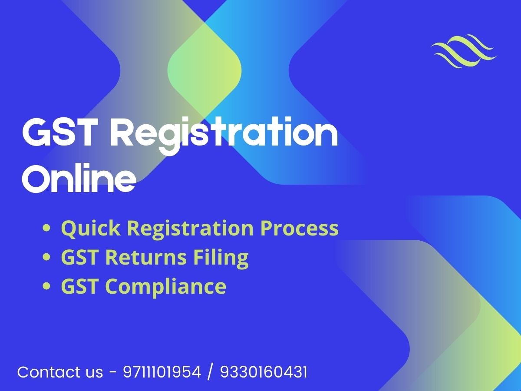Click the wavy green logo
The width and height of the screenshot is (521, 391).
[464, 51]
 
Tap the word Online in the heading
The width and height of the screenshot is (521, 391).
[78, 179]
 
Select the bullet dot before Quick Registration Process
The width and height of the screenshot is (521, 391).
[46, 228]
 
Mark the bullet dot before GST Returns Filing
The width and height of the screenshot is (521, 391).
[46, 257]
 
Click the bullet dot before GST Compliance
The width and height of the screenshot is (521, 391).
[46, 286]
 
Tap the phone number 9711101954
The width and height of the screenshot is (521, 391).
[162, 372]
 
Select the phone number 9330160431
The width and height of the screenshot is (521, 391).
[264, 372]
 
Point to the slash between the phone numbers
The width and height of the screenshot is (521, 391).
[211, 372]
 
